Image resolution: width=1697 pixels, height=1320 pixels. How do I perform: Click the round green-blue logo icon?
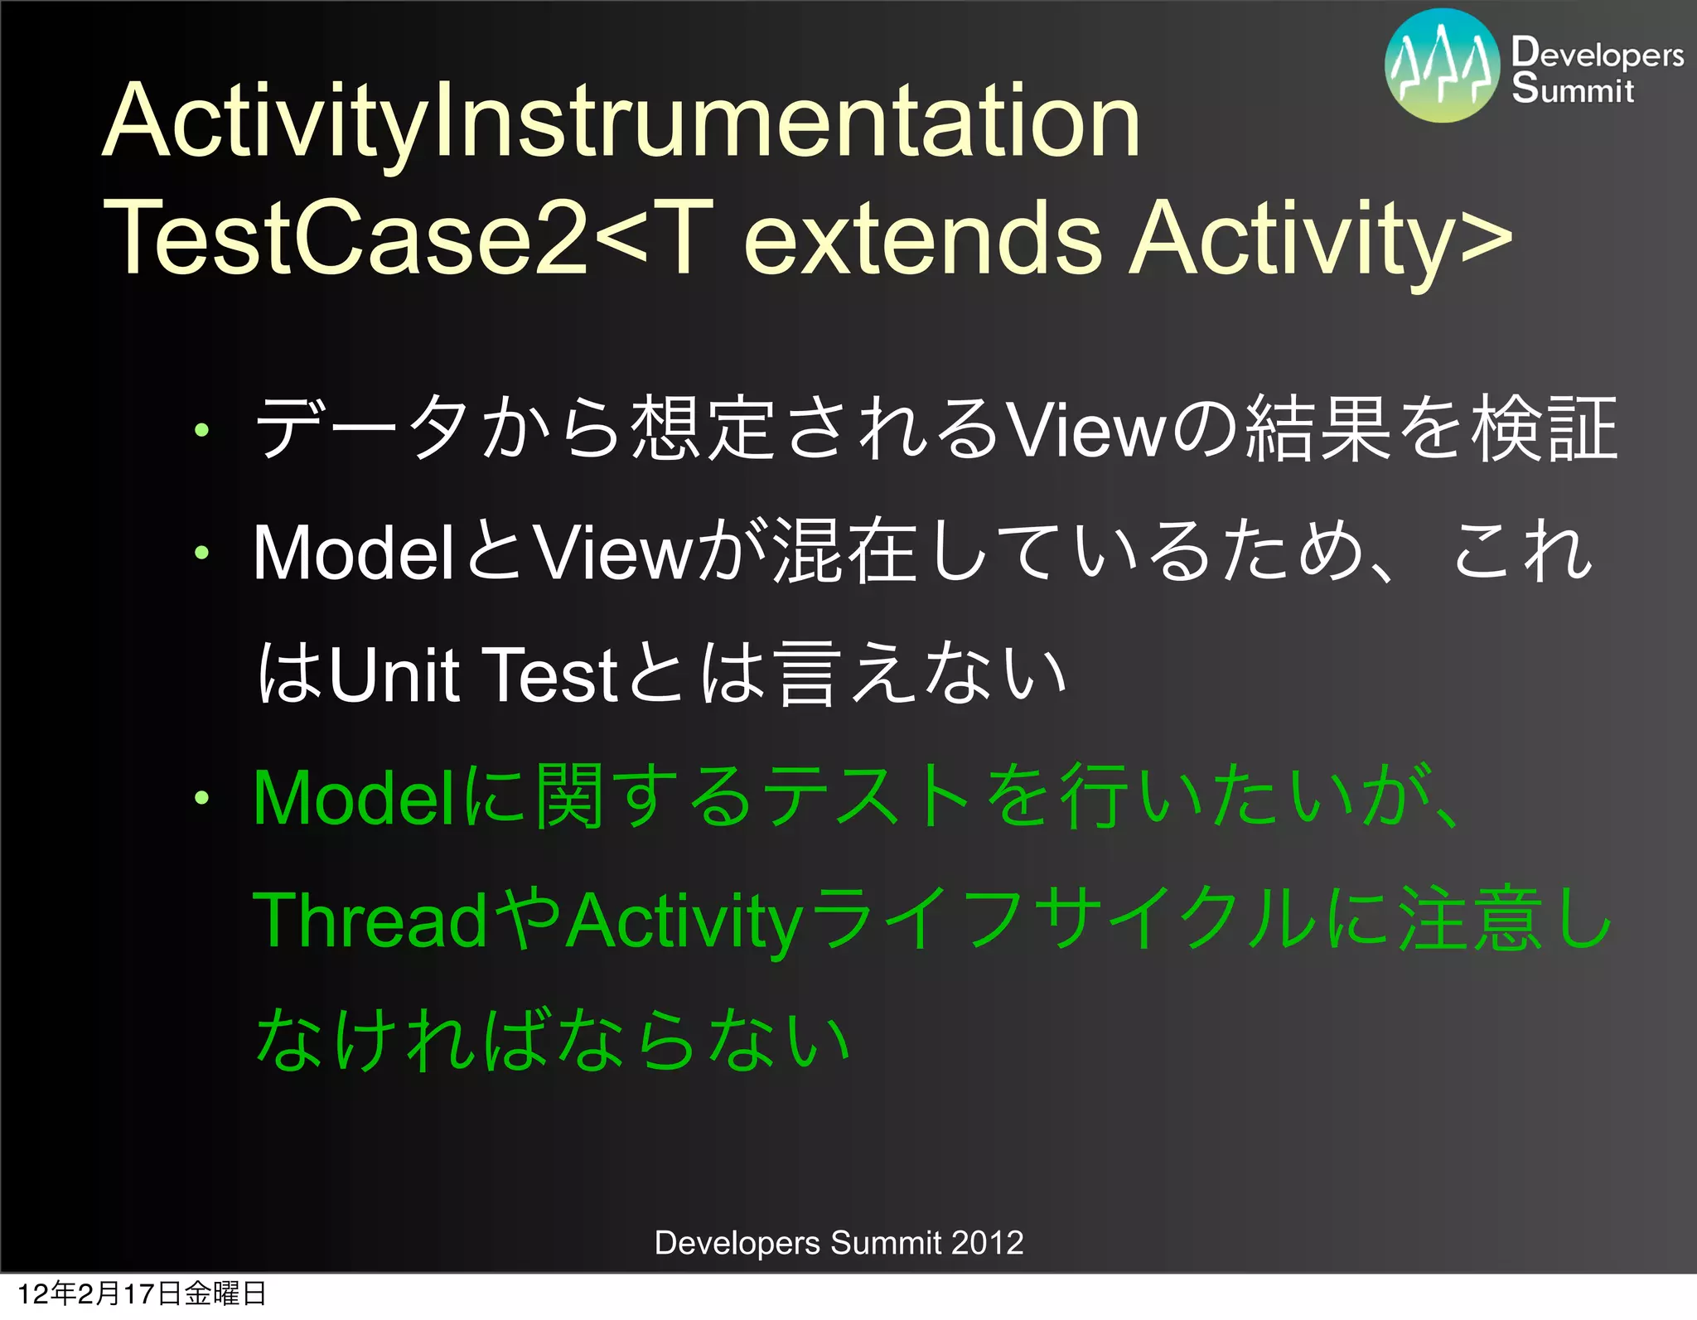coord(1442,66)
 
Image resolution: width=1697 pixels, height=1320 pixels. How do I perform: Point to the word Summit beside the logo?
coord(1572,89)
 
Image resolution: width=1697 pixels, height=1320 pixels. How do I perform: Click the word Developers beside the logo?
coord(1597,54)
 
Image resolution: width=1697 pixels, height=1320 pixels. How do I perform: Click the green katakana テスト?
coord(866,798)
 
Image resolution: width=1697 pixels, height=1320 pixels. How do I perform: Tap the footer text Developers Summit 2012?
coord(839,1243)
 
